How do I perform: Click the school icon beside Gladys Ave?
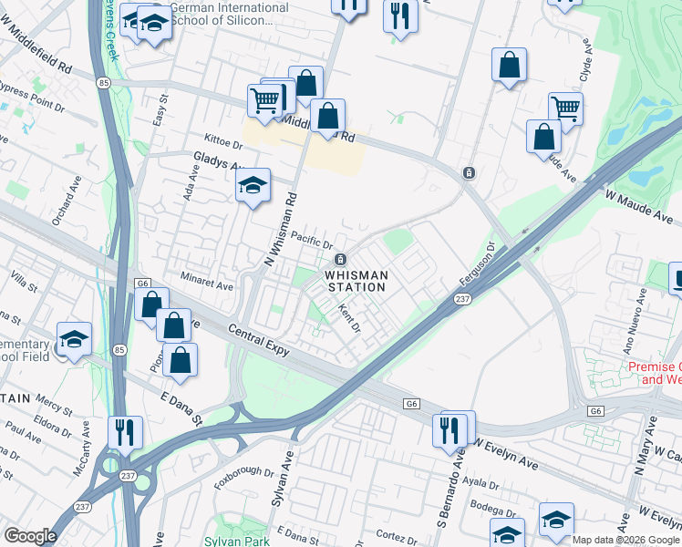253,186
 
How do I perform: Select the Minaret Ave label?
206,284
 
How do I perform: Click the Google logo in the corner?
31,536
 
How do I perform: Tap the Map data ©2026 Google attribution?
625,540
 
